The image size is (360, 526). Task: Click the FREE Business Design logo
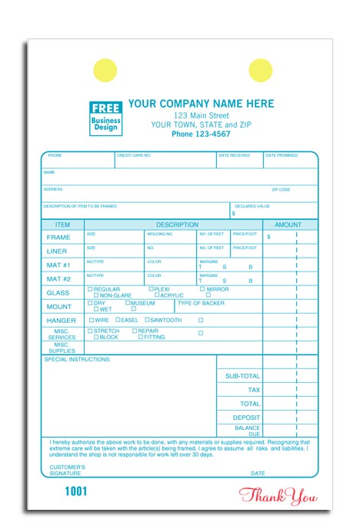pos(106,118)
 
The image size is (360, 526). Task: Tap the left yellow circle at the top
pos(105,71)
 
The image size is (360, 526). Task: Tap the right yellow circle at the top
pos(261,71)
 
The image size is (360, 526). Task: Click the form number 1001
pos(75,491)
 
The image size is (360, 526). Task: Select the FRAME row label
pos(58,238)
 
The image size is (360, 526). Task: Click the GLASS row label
pos(58,293)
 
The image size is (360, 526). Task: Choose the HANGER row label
pos(61,321)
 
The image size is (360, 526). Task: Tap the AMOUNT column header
pos(288,225)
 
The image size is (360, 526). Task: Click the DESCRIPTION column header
pos(177,225)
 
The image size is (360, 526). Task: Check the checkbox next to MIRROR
pos(202,289)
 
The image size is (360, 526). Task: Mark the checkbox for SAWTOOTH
pos(146,320)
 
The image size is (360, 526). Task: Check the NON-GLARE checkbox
pos(96,295)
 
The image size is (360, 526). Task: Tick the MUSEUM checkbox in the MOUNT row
pos(128,303)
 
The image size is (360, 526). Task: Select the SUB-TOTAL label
pos(242,376)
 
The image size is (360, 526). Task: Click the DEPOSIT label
pos(247,418)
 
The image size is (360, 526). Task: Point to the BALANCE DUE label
pos(248,431)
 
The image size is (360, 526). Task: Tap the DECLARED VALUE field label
pos(252,206)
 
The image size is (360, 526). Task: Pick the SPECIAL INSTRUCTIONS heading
pos(78,359)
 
